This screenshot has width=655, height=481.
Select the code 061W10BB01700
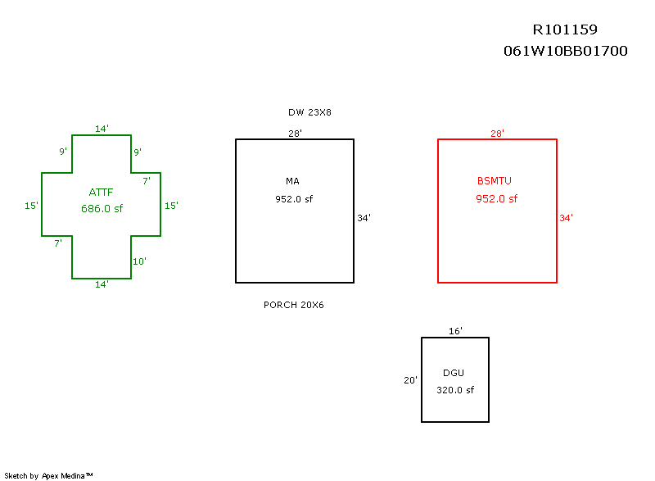tap(566, 51)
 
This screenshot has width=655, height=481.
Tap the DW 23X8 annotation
tap(309, 112)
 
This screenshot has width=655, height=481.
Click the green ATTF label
tap(101, 193)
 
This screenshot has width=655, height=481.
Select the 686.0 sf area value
tap(102, 209)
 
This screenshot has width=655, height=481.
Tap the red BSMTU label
tap(495, 181)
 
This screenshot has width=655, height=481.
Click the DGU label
tap(453, 373)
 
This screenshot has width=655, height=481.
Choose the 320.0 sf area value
tap(454, 390)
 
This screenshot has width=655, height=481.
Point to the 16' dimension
tap(456, 331)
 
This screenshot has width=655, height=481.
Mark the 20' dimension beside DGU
tap(411, 380)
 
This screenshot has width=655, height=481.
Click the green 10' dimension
tap(139, 261)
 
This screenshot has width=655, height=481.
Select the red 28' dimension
tap(497, 133)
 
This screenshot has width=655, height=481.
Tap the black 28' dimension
tap(295, 133)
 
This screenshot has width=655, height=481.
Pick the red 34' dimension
tap(566, 218)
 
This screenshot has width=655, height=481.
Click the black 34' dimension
tap(364, 218)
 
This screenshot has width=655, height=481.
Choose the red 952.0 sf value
tap(496, 198)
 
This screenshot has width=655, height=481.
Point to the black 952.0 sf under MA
tap(294, 198)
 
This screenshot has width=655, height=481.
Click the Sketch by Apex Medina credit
tap(48, 475)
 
